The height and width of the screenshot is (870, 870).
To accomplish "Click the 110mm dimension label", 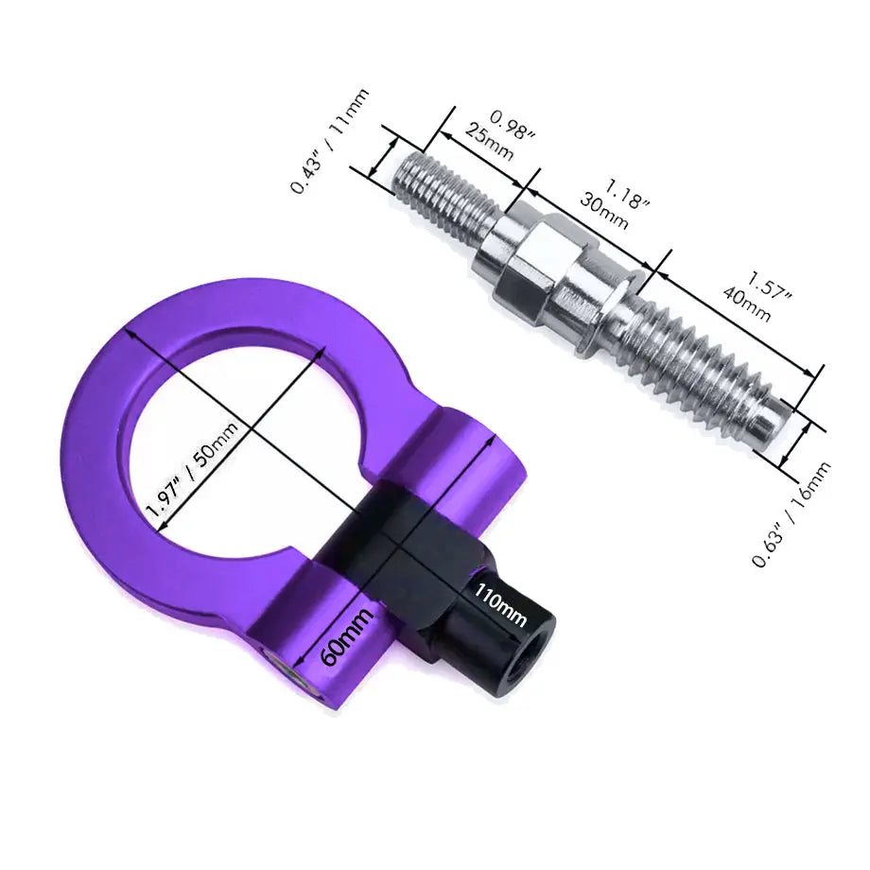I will pos(500,606).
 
